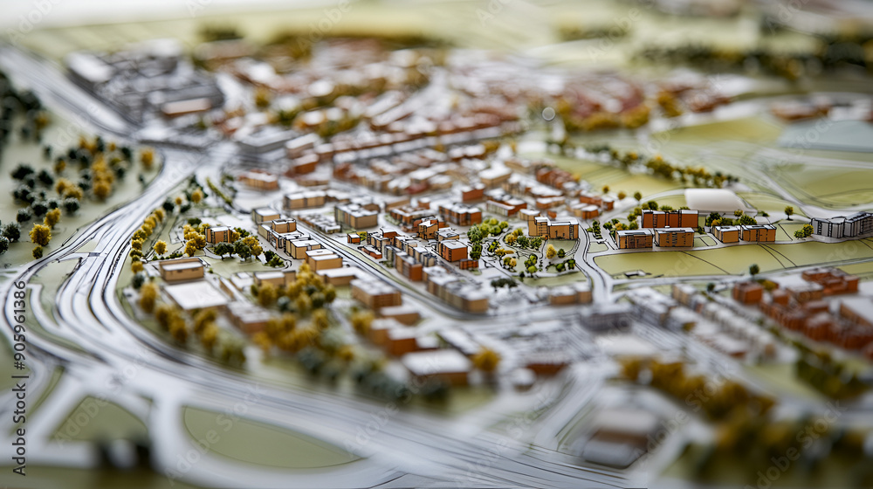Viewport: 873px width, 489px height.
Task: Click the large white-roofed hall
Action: (x=714, y=200)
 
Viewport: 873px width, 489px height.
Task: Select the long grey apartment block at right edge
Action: (x=842, y=225)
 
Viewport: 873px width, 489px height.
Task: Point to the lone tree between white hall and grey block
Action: (x=789, y=211)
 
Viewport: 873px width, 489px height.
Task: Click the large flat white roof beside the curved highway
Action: (x=196, y=295)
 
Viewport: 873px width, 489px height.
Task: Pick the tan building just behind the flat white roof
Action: (x=182, y=270)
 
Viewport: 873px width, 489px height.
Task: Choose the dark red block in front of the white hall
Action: (x=670, y=218)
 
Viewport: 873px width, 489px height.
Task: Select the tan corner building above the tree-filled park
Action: (x=553, y=228)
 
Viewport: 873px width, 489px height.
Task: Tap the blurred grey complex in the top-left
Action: (x=144, y=83)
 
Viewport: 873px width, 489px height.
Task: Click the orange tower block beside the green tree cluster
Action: (x=452, y=251)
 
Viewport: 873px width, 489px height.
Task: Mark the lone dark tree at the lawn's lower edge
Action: (x=753, y=270)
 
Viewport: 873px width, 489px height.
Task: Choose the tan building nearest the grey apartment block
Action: (x=758, y=233)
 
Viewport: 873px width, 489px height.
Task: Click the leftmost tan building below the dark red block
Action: (x=635, y=239)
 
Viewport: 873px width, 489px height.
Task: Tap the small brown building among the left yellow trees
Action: (x=218, y=234)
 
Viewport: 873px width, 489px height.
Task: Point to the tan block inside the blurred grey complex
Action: (x=185, y=107)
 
